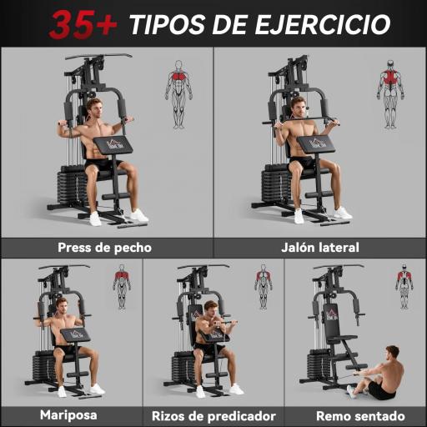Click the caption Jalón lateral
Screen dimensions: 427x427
click(x=320, y=247)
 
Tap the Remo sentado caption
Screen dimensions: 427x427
click(x=359, y=415)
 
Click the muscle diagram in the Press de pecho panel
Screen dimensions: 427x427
click(x=178, y=93)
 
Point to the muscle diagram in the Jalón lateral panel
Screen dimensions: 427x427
click(x=389, y=93)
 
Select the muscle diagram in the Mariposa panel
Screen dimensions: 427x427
click(x=122, y=286)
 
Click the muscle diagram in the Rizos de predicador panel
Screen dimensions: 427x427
click(x=264, y=286)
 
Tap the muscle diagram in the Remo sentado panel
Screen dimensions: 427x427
click(x=404, y=286)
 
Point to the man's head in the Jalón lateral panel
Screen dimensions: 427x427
click(x=298, y=106)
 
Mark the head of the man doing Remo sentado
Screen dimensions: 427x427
click(x=392, y=353)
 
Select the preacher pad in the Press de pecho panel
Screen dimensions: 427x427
click(x=113, y=146)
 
